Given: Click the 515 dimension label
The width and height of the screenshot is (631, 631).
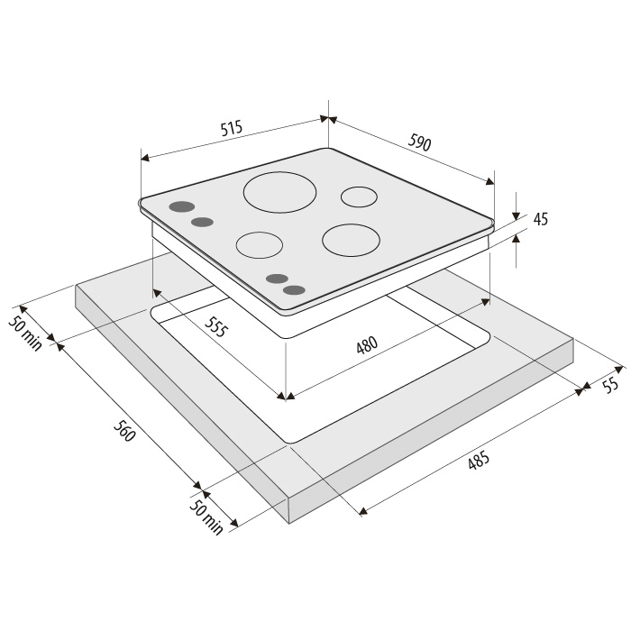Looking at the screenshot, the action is (232, 128).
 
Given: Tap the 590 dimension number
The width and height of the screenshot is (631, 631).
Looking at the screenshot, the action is (420, 142).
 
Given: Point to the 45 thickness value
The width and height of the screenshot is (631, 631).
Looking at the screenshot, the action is (541, 219).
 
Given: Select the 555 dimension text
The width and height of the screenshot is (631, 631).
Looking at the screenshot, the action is (216, 326).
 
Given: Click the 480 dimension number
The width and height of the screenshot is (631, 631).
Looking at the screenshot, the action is (367, 345).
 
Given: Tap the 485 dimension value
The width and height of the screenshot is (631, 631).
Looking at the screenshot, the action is (479, 461).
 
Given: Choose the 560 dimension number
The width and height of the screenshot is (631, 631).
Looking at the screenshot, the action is (123, 431).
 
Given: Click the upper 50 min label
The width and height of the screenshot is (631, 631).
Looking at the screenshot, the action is (25, 334).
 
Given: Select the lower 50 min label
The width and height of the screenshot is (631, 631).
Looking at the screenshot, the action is (206, 517).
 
